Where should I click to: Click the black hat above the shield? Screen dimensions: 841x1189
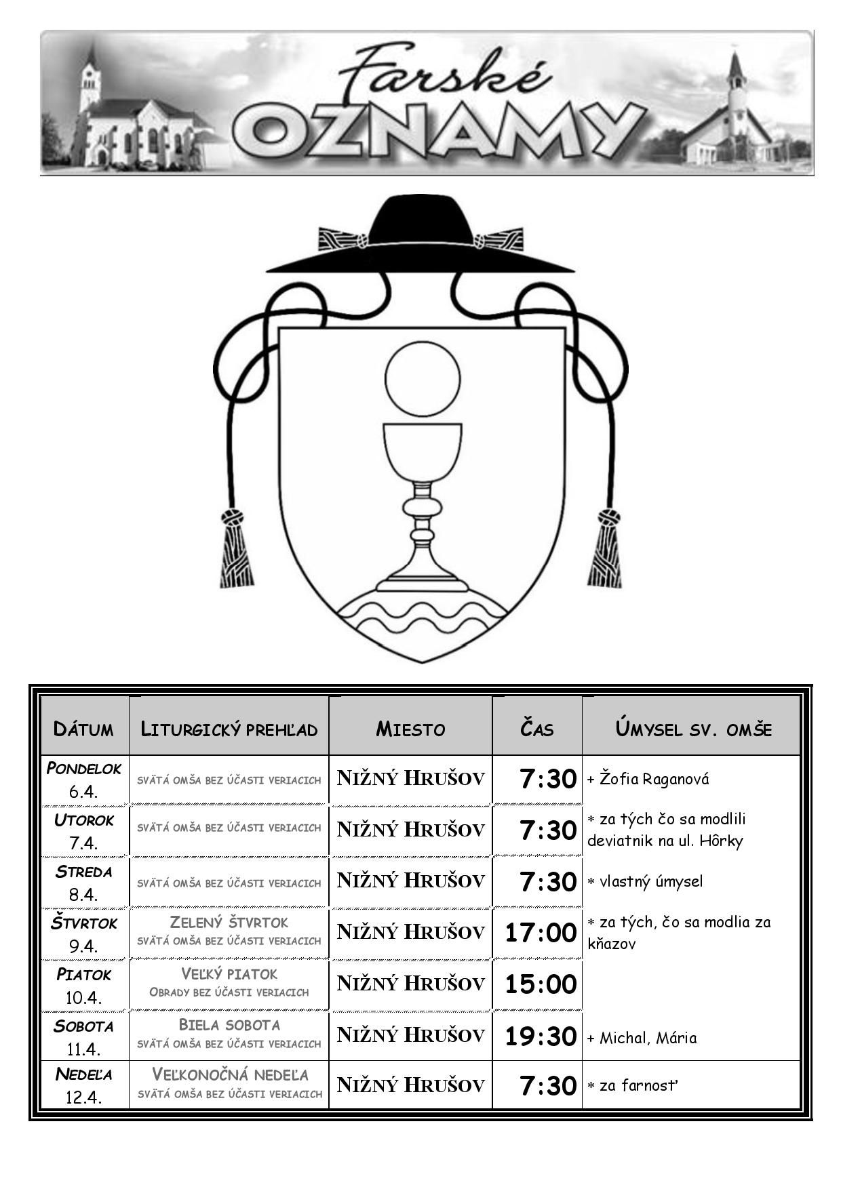[420, 235]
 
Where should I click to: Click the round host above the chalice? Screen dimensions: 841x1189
[423, 378]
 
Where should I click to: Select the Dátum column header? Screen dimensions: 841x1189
[83, 729]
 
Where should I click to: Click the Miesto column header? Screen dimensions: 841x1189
[410, 729]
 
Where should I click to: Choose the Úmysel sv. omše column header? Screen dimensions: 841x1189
[693, 729]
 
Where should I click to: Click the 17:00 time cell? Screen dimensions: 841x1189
[541, 933]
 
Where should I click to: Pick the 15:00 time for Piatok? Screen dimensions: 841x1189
[541, 984]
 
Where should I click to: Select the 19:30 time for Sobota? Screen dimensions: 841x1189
[541, 1036]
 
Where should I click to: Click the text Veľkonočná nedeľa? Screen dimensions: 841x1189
[230, 1074]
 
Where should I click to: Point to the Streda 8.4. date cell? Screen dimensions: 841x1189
[84, 883]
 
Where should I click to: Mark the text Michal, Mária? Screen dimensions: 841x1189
[648, 1038]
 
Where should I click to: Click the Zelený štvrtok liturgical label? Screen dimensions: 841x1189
[229, 922]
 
